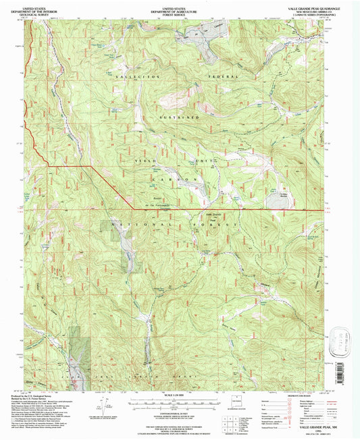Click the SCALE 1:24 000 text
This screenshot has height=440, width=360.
pyautogui.click(x=180, y=393)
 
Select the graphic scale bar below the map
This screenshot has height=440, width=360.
pyautogui.click(x=180, y=402)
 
